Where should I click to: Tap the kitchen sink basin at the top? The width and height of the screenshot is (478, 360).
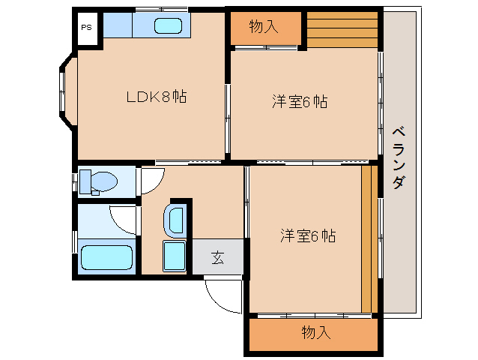click(x=167, y=25)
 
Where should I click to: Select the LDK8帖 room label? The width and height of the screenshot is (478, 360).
click(x=155, y=96)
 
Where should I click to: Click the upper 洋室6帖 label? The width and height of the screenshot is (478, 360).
click(x=299, y=102)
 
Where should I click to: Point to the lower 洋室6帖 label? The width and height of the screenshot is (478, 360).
click(x=308, y=236)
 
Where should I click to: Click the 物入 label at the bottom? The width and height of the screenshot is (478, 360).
click(x=315, y=333)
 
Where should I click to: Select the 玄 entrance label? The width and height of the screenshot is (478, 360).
click(x=217, y=257)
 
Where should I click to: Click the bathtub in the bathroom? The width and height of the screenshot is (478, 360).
click(x=106, y=257)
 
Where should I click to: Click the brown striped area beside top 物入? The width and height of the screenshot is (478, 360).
click(x=341, y=29)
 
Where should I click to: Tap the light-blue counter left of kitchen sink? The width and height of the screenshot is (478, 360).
click(x=118, y=25)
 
